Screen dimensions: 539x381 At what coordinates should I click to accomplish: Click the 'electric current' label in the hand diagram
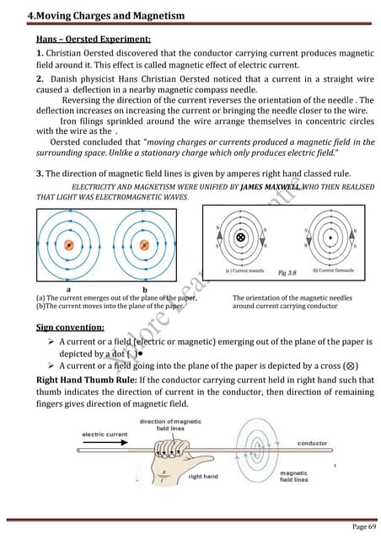(105, 435)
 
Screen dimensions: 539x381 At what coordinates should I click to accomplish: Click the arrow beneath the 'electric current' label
(105, 445)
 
